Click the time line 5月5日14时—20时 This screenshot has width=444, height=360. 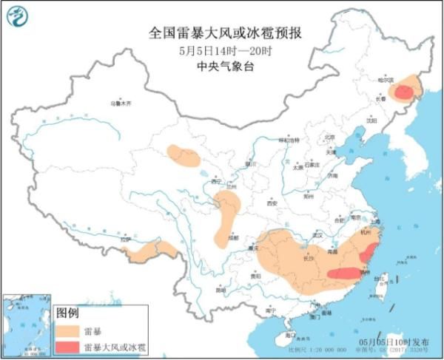221,51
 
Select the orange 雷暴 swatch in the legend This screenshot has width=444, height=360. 67,330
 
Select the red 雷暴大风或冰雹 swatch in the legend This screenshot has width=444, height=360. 67,347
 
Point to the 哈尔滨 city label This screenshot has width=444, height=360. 388,78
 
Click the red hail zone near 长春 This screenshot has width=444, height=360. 403,92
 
